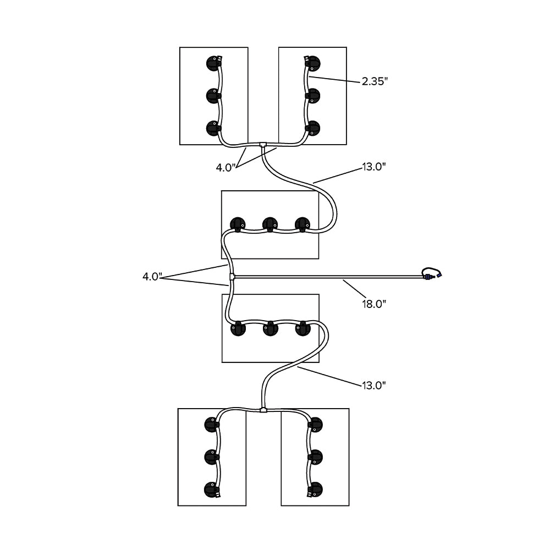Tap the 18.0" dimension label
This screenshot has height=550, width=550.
[373, 303]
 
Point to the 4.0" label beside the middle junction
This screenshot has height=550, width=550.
[152, 277]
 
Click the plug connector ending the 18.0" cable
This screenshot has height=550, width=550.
[432, 273]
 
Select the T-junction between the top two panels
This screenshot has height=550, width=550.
[263, 146]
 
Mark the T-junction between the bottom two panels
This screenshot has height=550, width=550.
[263, 410]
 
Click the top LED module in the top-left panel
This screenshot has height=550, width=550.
[213, 63]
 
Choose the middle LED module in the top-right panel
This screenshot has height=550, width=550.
[313, 96]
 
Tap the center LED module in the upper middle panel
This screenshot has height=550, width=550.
[269, 224]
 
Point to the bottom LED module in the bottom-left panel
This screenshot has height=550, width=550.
[212, 488]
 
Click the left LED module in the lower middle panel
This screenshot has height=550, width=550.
[238, 328]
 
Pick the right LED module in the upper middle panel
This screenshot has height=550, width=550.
[302, 224]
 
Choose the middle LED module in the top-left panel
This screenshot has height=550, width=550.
[213, 96]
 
